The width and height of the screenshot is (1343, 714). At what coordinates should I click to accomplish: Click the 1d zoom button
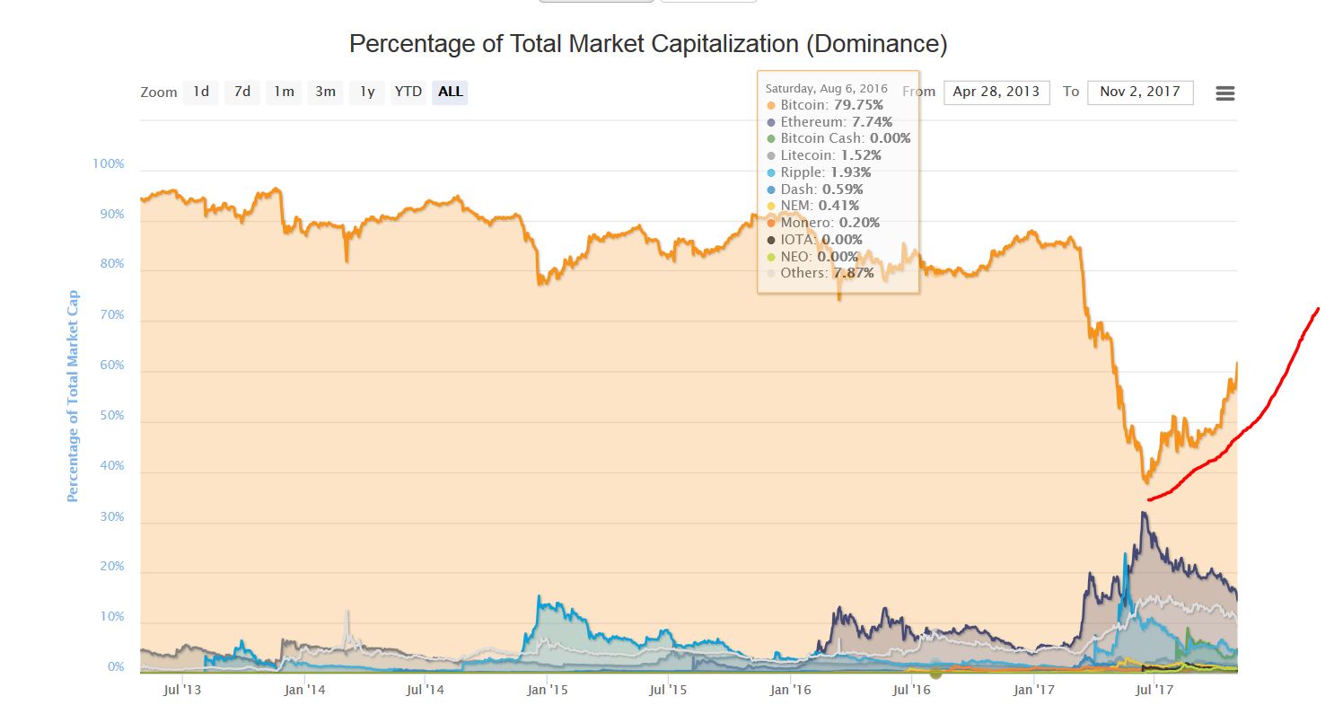pyautogui.click(x=201, y=93)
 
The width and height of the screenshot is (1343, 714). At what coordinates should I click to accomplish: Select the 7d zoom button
pyautogui.click(x=242, y=93)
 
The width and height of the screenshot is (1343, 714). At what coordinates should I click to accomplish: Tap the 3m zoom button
pyautogui.click(x=325, y=93)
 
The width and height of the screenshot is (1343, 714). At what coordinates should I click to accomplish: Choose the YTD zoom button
pyautogui.click(x=408, y=93)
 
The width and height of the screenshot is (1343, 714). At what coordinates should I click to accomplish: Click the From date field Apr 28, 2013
pyautogui.click(x=996, y=93)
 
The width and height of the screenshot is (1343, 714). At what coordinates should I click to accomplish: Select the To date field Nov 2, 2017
pyautogui.click(x=1139, y=93)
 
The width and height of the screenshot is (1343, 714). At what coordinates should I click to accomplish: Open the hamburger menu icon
pyautogui.click(x=1224, y=93)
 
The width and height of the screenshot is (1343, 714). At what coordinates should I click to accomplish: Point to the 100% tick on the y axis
pyautogui.click(x=108, y=164)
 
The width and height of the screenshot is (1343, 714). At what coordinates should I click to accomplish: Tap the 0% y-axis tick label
pyautogui.click(x=115, y=667)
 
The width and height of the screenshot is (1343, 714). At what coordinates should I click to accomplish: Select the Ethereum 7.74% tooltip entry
pyautogui.click(x=831, y=122)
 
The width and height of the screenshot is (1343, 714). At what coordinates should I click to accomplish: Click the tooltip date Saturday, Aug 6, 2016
pyautogui.click(x=826, y=88)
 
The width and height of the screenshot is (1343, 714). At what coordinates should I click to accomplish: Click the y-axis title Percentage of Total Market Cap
pyautogui.click(x=73, y=396)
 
